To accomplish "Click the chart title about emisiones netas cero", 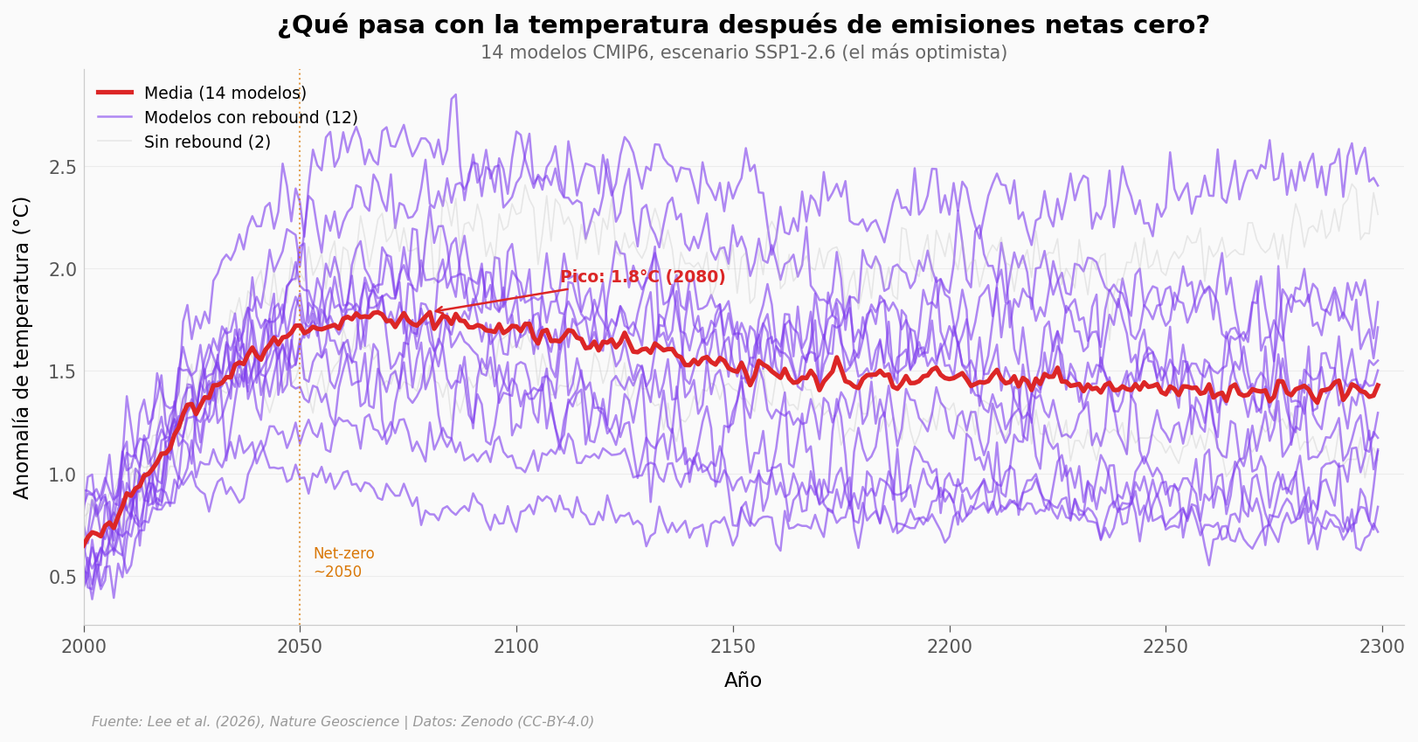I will click(x=743, y=25).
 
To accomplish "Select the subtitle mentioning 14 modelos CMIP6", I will click(x=743, y=52).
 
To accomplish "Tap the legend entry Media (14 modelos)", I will click(x=225, y=93).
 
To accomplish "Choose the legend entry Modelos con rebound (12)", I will click(x=250, y=117).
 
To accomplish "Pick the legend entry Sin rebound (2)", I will click(x=207, y=142).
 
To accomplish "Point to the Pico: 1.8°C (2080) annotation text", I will click(x=642, y=277).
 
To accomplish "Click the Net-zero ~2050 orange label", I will click(x=343, y=563).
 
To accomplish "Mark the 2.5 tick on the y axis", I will click(x=63, y=167).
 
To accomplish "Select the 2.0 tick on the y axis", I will click(x=63, y=269).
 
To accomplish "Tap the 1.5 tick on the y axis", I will click(x=63, y=372).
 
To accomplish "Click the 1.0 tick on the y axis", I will click(x=63, y=475).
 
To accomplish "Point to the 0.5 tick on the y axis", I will click(x=63, y=578).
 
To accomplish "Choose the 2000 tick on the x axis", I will click(x=84, y=648).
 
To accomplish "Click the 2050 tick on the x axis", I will click(x=300, y=648).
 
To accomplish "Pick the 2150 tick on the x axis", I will click(x=732, y=648).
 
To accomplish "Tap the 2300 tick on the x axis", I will click(x=1381, y=648).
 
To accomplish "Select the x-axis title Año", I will click(x=743, y=681).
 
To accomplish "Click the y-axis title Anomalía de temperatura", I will click(x=23, y=347).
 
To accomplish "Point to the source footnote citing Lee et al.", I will click(x=342, y=722).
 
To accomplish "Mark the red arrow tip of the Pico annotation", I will click(x=435, y=310).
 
